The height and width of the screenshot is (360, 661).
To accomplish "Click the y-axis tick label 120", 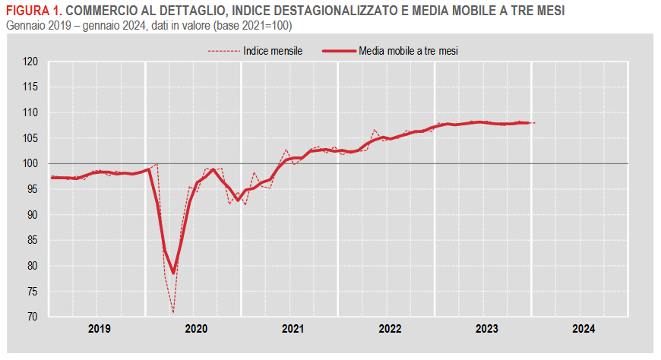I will [30, 62].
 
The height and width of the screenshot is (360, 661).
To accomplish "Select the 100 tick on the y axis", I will [30, 163].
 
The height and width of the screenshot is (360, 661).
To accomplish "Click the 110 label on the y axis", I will [30, 112].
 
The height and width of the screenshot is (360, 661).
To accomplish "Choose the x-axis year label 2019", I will [100, 329].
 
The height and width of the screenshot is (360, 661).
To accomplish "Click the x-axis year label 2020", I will [196, 329].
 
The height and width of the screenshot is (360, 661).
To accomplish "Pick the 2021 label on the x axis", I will [293, 329].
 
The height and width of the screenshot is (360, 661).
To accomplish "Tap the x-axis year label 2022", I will [390, 329].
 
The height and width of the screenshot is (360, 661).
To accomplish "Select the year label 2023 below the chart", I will [486, 329].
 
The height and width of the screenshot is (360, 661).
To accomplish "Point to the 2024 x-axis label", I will [584, 329].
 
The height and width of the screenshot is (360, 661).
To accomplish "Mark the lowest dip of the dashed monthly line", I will [173, 311].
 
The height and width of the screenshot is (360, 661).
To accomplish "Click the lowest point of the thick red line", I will [173, 273].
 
